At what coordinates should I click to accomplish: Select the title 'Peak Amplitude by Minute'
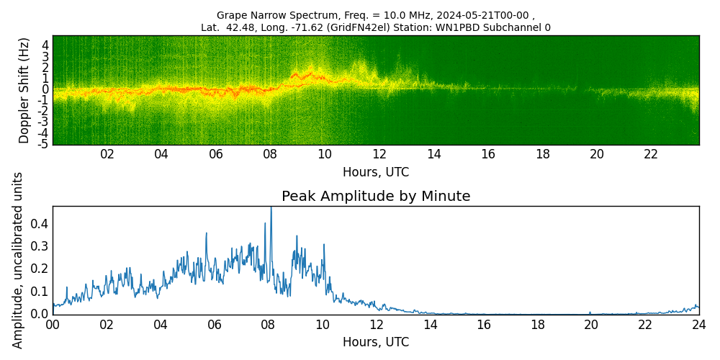375,197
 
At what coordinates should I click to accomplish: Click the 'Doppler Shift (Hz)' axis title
24,90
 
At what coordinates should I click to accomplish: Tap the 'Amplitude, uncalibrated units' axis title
18,260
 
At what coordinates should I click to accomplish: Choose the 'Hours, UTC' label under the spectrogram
375,172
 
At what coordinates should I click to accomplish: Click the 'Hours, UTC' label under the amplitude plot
375,342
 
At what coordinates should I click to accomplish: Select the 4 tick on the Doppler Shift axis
45,45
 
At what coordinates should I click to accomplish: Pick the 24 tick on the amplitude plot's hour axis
698,325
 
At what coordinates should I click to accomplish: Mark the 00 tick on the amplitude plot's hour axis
53,325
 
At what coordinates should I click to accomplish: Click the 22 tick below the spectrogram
651,154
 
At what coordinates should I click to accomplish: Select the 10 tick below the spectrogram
325,154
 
